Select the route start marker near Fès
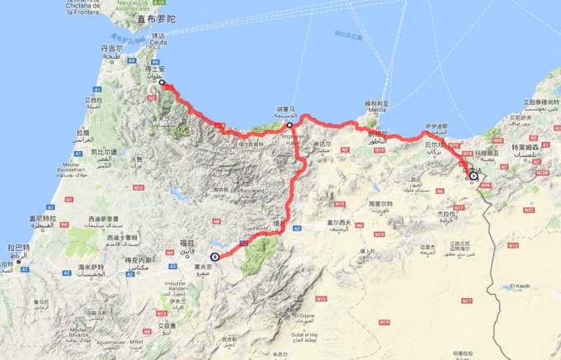click(215, 257)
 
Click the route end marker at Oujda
click(474, 175)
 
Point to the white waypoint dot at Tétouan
click(163, 83)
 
